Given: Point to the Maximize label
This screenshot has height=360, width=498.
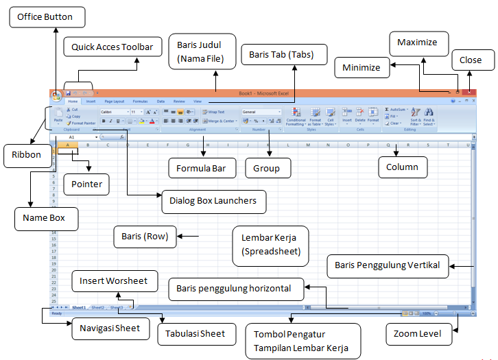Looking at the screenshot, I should (x=418, y=43).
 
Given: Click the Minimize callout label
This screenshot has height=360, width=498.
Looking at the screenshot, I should (x=361, y=69).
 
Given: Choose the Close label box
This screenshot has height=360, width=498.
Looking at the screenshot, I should (x=471, y=60).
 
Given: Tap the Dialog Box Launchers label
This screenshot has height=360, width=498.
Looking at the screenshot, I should (x=213, y=201).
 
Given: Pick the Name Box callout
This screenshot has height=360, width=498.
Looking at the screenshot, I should (x=45, y=219).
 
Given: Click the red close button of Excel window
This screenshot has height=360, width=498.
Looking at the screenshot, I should (x=469, y=92).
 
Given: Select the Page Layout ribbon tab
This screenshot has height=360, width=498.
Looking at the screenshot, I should (x=114, y=101).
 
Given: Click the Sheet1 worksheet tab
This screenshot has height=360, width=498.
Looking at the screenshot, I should (x=79, y=307).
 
